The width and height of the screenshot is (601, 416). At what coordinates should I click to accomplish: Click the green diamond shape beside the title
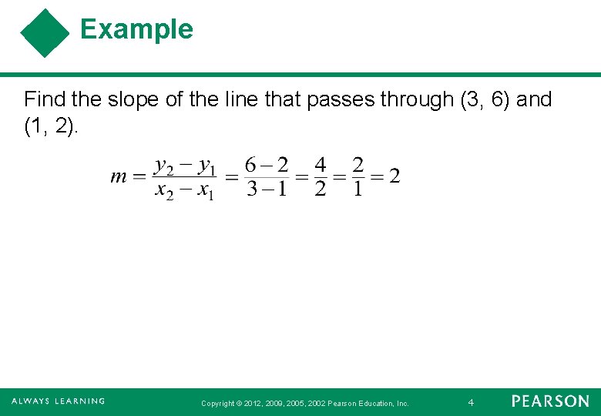[x=45, y=33]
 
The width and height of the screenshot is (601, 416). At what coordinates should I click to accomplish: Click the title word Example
[x=136, y=29]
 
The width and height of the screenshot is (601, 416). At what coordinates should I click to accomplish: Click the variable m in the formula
[x=119, y=176]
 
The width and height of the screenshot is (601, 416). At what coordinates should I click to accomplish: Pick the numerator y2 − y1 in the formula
[x=186, y=165]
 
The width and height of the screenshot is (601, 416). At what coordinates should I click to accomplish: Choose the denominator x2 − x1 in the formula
[x=185, y=190]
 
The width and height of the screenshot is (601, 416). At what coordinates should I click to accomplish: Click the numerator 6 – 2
[x=267, y=165]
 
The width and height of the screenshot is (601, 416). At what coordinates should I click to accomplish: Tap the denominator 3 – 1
[x=267, y=189]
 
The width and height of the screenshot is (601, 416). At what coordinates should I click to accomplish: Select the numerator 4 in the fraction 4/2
[x=321, y=165]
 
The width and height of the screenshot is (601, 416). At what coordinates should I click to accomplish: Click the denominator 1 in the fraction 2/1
[x=358, y=189]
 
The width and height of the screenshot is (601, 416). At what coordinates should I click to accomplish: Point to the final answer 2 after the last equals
[x=395, y=176]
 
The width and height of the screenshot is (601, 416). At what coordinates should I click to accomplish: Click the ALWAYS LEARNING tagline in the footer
[x=58, y=401]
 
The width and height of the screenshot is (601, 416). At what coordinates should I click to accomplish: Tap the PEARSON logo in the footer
[x=550, y=401]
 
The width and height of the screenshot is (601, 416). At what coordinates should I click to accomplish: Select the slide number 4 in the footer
[x=471, y=402]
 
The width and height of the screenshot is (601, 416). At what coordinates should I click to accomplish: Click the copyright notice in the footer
[x=304, y=403]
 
